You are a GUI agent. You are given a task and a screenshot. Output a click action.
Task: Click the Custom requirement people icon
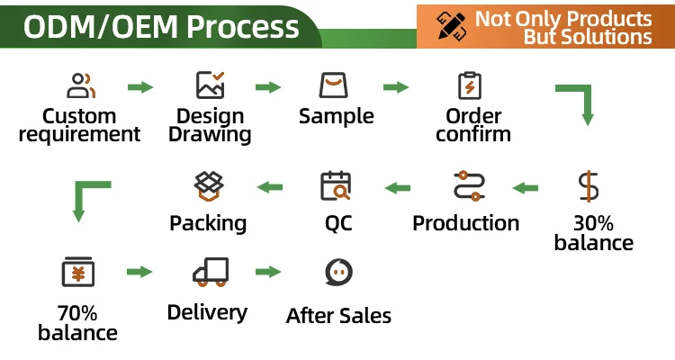point(81,85)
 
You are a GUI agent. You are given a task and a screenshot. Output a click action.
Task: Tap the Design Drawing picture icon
point(210,85)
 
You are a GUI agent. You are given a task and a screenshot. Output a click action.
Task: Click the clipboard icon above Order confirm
point(470,85)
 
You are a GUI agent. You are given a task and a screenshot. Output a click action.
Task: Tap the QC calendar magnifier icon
point(336,185)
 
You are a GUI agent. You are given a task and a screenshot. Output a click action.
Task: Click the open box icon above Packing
point(209,185)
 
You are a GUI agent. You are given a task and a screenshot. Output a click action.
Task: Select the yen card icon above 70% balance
point(78,271)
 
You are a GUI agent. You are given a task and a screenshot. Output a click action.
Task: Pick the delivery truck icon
point(210,271)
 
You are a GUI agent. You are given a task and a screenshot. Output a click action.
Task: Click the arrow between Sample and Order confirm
point(396,87)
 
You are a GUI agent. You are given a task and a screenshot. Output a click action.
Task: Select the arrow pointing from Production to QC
point(398,187)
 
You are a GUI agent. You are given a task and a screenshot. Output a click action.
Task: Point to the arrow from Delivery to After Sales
point(268,271)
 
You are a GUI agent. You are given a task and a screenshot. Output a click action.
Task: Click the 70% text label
point(76,313)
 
